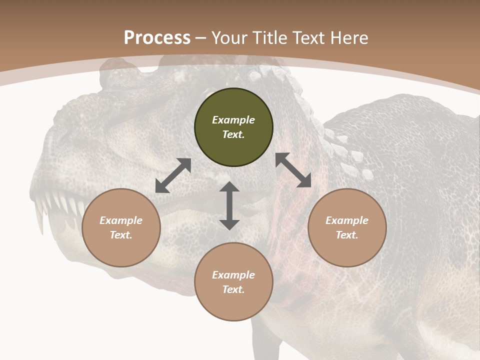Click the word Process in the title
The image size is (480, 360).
pos(157,38)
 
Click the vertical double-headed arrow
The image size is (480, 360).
pos(229,205)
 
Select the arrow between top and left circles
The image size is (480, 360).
pos(173,175)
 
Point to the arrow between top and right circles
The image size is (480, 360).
pos(293,170)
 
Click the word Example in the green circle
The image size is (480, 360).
pos(233,120)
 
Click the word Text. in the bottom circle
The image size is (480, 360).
pos(233,289)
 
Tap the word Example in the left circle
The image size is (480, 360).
pos(121,220)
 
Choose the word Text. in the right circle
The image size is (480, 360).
pos(347,235)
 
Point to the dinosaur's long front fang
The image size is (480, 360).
pos(38,220)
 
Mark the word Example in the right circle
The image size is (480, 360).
pos(347,220)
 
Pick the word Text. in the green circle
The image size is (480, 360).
pos(233,134)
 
